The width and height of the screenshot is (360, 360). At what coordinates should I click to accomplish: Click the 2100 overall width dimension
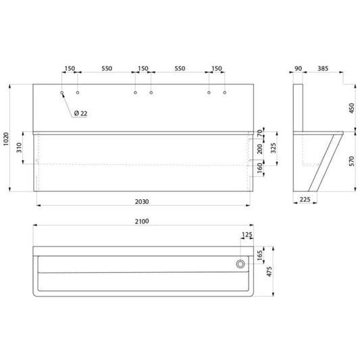[142, 222]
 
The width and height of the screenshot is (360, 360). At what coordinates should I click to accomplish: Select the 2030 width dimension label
[142, 201]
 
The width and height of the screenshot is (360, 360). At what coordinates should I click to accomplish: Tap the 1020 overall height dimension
[6, 138]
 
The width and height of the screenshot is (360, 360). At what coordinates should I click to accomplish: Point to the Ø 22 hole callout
[80, 113]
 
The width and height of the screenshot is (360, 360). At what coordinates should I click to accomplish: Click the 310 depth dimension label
[19, 148]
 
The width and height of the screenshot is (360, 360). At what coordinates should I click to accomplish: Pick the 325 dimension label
[274, 148]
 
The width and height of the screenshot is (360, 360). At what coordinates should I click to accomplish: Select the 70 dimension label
[259, 133]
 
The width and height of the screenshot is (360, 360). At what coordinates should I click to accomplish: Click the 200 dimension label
[259, 149]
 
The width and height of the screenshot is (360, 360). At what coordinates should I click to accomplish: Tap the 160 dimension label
[259, 168]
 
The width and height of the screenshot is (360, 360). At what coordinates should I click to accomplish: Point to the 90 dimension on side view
[298, 68]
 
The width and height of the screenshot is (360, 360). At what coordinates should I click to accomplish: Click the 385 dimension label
[323, 68]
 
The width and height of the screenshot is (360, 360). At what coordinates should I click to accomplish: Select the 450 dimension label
[351, 108]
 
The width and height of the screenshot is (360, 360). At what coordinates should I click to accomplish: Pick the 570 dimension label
[351, 161]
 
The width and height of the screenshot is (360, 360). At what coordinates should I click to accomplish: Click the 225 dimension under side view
[305, 199]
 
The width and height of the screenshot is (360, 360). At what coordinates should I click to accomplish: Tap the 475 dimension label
[269, 272]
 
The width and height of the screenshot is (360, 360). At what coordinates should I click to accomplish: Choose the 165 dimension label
[259, 255]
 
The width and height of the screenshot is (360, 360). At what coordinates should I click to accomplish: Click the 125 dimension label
[247, 234]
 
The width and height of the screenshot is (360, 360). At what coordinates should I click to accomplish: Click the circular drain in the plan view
[240, 264]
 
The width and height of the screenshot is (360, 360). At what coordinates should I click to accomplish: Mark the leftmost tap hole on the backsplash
[62, 93]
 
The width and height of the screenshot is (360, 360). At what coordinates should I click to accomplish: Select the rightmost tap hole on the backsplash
[224, 93]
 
